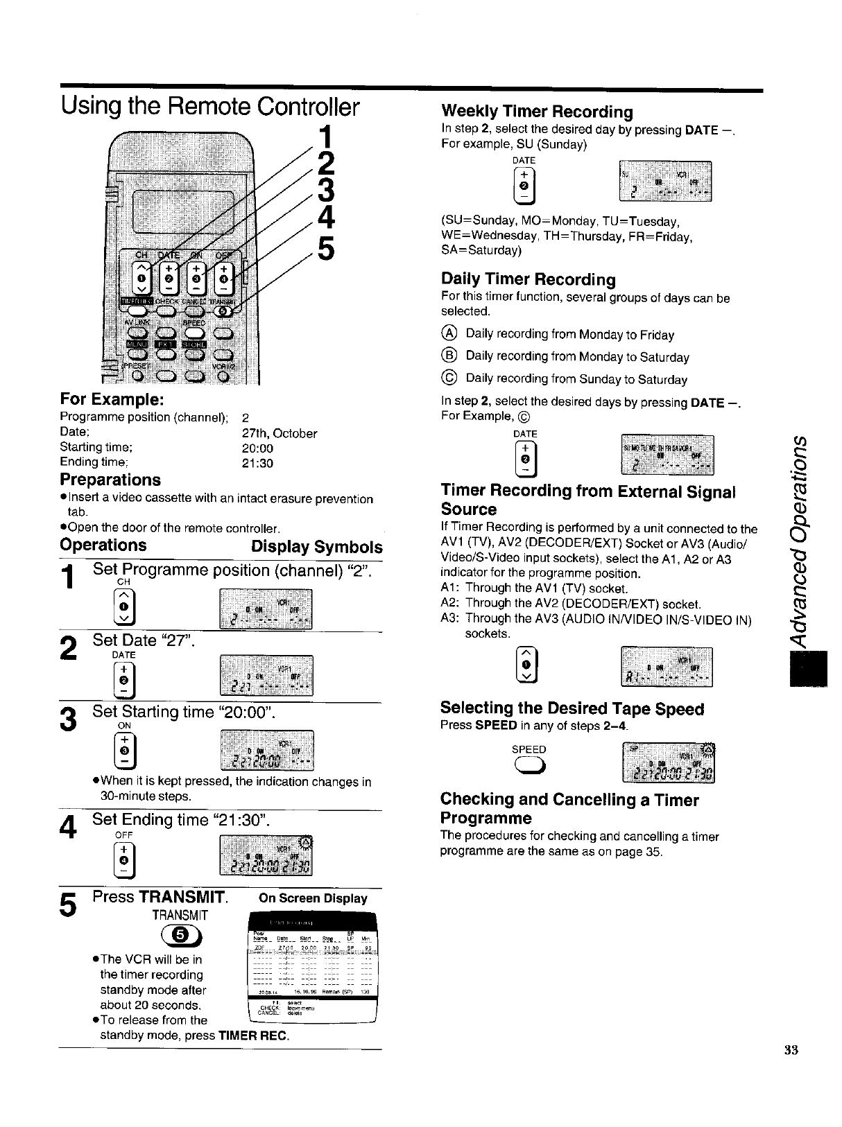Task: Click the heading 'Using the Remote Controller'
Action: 210,108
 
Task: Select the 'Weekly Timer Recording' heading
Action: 537,112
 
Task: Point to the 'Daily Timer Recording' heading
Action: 529,279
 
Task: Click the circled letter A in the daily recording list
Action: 448,333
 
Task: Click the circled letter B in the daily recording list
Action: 448,356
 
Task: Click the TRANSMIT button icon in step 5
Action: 179,936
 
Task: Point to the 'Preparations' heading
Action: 110,480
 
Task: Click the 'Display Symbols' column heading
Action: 316,546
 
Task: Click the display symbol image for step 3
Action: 266,751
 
